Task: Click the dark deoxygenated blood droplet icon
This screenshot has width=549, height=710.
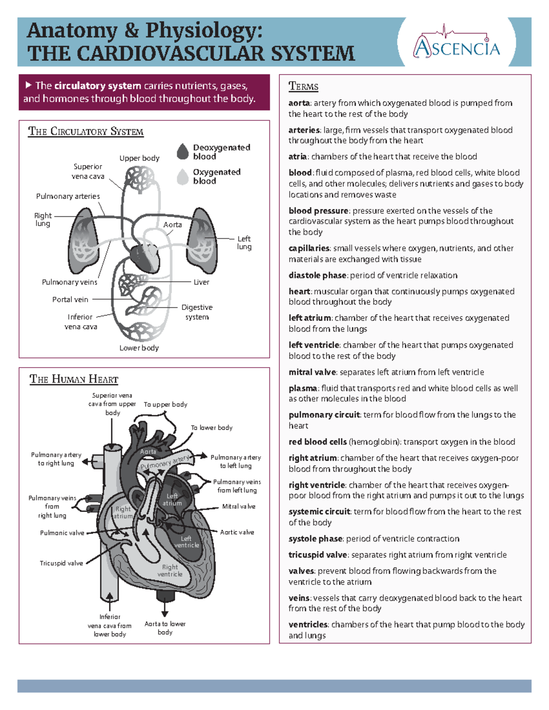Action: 183,152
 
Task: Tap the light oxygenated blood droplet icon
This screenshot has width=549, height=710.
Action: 183,177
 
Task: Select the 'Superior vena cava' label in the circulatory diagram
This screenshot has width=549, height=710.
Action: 88,171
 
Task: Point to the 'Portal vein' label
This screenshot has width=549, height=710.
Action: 70,299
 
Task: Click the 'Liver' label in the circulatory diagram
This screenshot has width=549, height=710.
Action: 201,282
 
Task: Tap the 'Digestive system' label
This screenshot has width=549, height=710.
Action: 197,312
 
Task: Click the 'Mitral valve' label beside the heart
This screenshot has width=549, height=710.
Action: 238,507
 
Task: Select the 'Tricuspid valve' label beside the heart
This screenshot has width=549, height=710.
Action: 61,563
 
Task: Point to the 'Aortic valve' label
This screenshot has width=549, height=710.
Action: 237,532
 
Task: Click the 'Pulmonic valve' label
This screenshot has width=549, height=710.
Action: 62,533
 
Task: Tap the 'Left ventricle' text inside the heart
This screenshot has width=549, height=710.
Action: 186,542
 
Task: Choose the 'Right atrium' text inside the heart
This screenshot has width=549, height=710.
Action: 123,512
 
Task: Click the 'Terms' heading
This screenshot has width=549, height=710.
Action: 303,86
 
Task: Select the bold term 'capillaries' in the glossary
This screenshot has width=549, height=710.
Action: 309,248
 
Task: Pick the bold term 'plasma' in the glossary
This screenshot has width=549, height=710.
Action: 303,388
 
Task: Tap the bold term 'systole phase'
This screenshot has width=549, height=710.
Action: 315,539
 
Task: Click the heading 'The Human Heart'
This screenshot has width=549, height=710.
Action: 74,379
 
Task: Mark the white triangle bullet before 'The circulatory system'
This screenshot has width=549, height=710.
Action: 28,85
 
